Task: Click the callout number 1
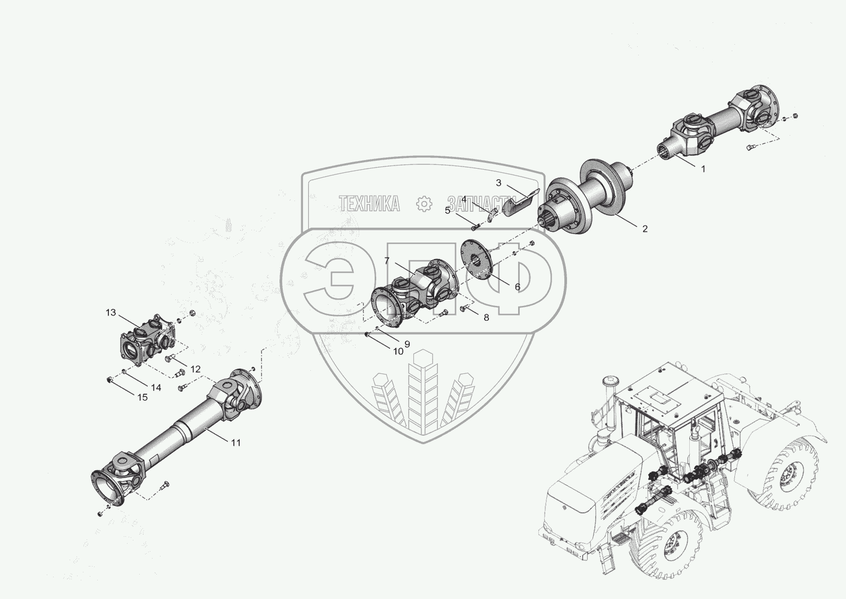click(703, 169)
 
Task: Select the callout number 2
click(645, 229)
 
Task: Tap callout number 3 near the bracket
click(498, 183)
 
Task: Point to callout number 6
click(518, 287)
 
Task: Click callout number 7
click(387, 261)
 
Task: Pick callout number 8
click(486, 318)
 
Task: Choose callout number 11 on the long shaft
click(235, 443)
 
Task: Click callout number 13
click(111, 313)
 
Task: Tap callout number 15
click(142, 397)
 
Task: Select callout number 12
click(195, 369)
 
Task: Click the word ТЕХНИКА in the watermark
click(369, 204)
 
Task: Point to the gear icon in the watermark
click(424, 204)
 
